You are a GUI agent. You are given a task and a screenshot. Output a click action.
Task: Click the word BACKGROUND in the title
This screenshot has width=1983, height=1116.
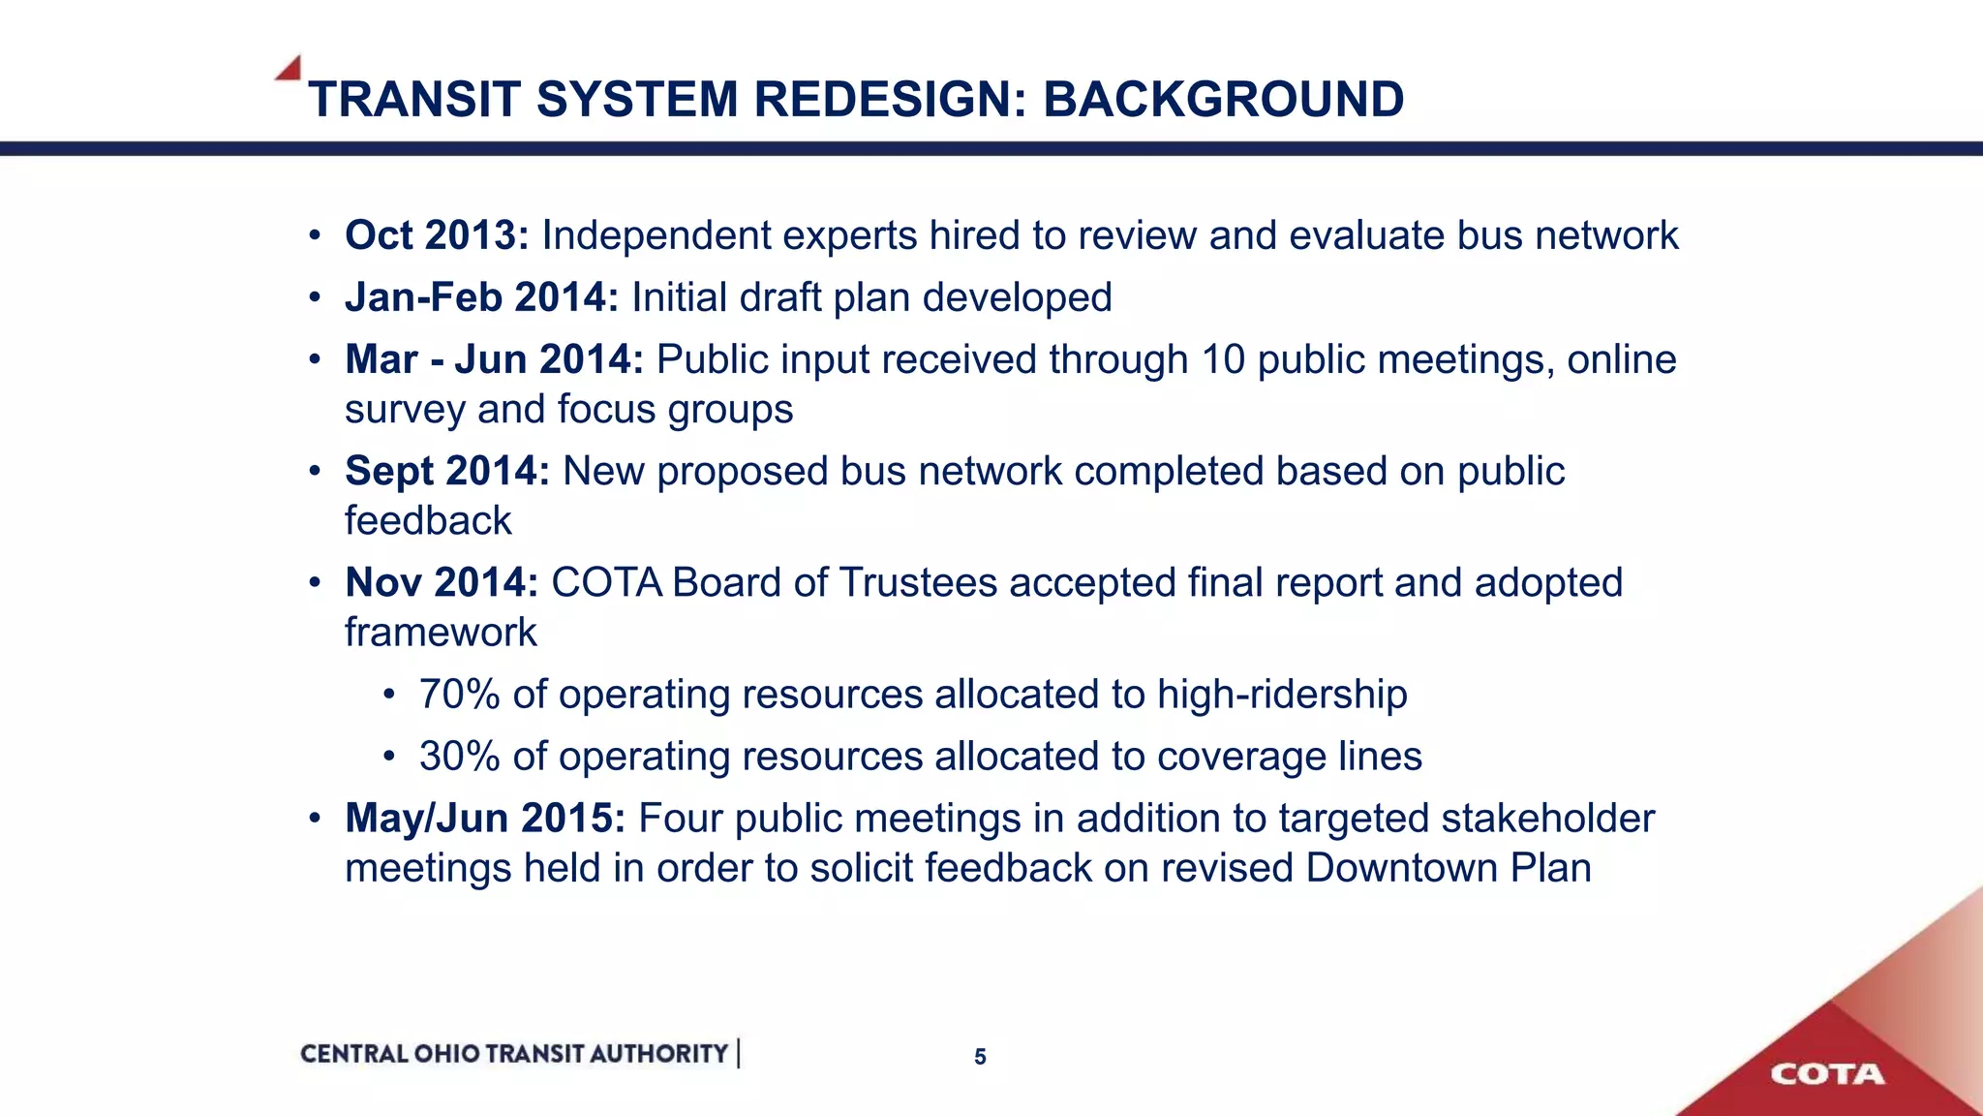click(1223, 99)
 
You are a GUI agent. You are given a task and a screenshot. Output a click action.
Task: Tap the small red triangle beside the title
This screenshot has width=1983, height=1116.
click(290, 69)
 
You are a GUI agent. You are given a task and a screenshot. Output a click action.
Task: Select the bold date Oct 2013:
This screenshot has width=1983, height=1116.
click(437, 235)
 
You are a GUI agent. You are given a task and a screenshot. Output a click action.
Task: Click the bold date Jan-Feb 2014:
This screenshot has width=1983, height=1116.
click(481, 297)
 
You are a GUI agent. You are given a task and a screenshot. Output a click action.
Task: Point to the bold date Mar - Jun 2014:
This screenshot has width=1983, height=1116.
click(494, 359)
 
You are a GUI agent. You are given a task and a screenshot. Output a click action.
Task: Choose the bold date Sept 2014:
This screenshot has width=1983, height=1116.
click(447, 471)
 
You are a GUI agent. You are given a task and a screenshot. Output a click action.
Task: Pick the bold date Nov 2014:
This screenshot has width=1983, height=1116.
click(442, 582)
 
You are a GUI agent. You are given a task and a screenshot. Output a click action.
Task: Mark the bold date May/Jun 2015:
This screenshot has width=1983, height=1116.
click(485, 818)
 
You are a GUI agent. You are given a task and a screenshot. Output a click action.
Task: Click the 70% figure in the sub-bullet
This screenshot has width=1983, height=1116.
click(459, 695)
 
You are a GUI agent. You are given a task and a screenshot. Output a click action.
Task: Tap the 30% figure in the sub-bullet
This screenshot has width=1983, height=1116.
click(459, 757)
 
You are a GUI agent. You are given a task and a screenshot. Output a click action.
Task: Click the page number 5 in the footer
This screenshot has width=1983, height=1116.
click(980, 1057)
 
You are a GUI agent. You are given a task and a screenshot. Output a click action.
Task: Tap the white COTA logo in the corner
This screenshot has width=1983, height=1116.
click(1827, 1074)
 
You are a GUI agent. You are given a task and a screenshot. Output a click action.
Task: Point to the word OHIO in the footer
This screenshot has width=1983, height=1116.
click(446, 1054)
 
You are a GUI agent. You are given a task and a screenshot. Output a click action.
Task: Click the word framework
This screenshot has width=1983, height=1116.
click(441, 633)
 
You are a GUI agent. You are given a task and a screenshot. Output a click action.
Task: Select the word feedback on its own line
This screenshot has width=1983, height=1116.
click(428, 521)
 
